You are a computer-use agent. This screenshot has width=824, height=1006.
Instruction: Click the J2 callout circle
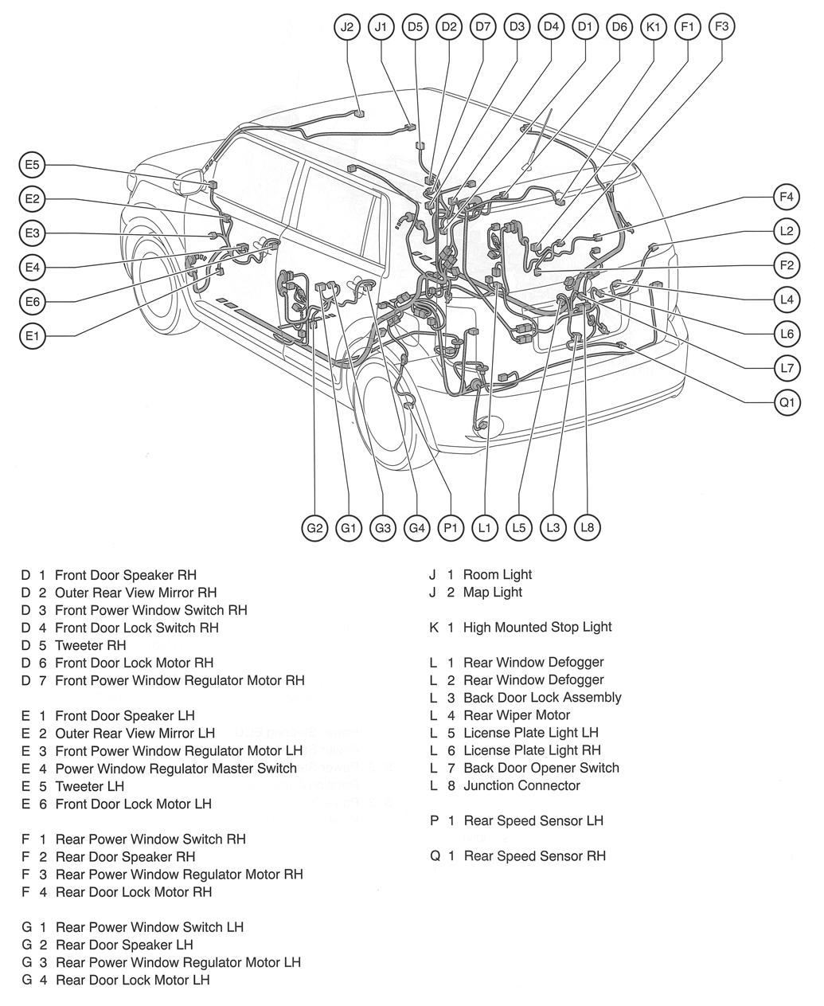click(x=347, y=27)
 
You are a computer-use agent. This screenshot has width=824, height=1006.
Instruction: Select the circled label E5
click(x=32, y=166)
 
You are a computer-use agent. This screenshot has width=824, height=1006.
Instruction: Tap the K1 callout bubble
click(x=654, y=27)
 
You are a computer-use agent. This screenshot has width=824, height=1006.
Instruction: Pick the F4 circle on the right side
click(x=787, y=196)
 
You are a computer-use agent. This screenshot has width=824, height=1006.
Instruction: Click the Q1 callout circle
click(x=787, y=403)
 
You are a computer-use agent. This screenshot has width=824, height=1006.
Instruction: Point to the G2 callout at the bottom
click(x=315, y=527)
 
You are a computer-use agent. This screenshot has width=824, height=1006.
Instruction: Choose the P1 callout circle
click(x=451, y=527)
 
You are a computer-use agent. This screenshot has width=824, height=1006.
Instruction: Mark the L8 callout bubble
click(x=588, y=527)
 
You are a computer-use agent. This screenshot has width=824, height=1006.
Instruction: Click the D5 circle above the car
click(x=415, y=27)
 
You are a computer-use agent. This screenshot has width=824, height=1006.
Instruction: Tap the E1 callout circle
click(x=32, y=336)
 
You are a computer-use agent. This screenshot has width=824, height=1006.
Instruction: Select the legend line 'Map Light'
click(x=492, y=592)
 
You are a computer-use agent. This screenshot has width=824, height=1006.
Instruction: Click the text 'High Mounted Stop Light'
click(x=537, y=627)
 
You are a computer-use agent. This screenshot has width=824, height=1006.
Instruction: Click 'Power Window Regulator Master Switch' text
click(x=175, y=769)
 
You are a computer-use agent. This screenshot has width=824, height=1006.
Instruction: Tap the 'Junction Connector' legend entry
click(x=521, y=785)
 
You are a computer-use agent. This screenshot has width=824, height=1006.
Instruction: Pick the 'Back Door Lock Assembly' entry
click(x=542, y=697)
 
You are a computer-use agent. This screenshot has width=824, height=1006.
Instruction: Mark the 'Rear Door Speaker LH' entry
click(x=124, y=945)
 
